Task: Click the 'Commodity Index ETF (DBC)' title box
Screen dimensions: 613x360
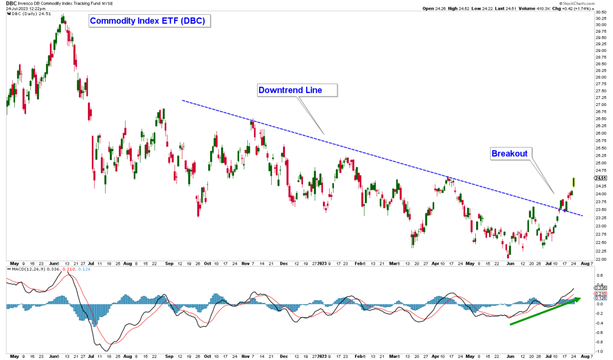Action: tap(149, 21)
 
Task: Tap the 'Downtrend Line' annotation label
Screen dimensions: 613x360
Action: tap(297, 90)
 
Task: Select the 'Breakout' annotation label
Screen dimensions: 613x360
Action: tap(511, 153)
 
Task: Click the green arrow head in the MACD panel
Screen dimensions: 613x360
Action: tap(577, 300)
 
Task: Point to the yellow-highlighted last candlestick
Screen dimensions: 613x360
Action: tap(573, 182)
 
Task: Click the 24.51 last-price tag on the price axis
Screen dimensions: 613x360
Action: tap(600, 178)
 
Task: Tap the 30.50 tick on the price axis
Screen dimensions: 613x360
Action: tap(601, 12)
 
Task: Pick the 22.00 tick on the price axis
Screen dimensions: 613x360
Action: tap(601, 259)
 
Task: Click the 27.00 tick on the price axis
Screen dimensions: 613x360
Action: tap(601, 105)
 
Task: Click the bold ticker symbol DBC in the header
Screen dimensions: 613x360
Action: tap(11, 3)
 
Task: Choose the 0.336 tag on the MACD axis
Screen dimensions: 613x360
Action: tap(601, 288)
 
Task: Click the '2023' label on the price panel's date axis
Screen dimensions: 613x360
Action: tap(322, 264)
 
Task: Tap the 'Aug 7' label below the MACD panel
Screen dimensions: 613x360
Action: tap(587, 356)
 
